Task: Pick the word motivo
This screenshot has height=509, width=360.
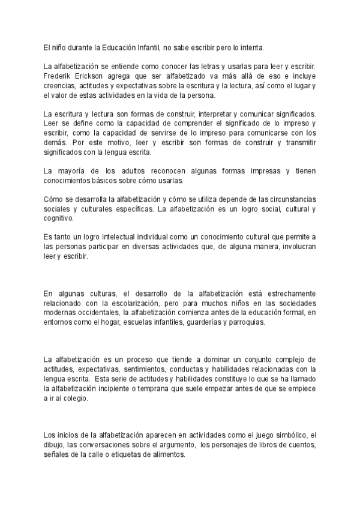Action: (x=119, y=143)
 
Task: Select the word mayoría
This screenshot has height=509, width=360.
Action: (x=74, y=171)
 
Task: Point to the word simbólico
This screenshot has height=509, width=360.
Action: (x=288, y=435)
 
